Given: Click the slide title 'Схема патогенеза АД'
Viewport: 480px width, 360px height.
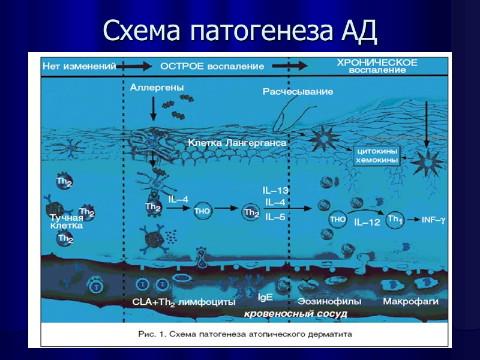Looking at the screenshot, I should click(x=240, y=31).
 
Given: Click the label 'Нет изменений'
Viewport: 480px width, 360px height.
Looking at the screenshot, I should click(x=79, y=67).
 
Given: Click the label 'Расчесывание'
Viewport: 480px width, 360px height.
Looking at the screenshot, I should click(x=298, y=91).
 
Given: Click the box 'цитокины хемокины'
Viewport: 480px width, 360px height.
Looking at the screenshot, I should click(x=378, y=156).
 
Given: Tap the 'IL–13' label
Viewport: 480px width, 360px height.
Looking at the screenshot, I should click(x=275, y=190).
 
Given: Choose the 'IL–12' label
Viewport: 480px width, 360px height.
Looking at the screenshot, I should click(x=367, y=223).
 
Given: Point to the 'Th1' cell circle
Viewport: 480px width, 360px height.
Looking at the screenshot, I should click(x=394, y=220).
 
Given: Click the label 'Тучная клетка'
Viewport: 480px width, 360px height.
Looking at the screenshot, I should click(x=66, y=222).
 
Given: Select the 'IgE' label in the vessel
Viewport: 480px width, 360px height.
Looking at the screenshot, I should click(x=266, y=297).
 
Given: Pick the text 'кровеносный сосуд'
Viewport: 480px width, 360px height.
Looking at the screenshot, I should click(x=295, y=313).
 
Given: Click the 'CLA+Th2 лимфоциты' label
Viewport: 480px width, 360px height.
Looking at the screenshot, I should click(x=183, y=302).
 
